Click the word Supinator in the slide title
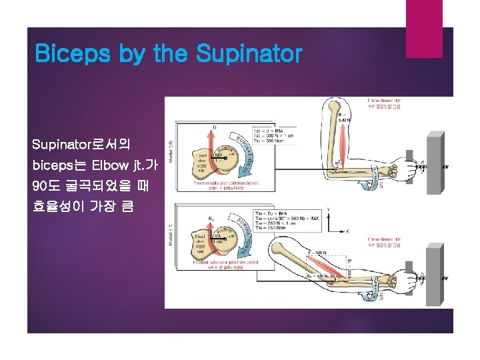[x=249, y=54]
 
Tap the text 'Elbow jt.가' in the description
[x=126, y=164]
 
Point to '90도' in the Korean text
[x=45, y=185]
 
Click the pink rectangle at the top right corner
[x=424, y=19]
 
